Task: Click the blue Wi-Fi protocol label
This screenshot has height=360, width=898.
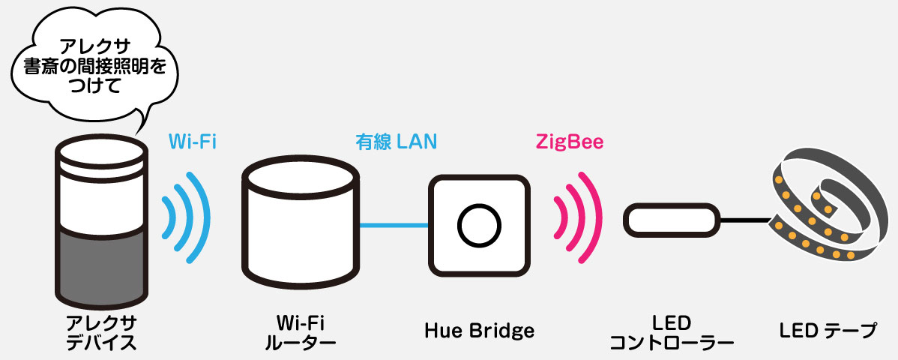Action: coord(193,140)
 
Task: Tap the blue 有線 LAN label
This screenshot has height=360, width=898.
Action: coord(396,140)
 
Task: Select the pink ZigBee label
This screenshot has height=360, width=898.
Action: coord(570,140)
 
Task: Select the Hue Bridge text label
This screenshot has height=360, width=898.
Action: coord(480,330)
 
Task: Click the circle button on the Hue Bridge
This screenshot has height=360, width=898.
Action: coord(479,225)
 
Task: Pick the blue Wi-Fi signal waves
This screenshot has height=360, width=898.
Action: coord(184,217)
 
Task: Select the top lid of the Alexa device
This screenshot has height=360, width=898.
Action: coord(101,152)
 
